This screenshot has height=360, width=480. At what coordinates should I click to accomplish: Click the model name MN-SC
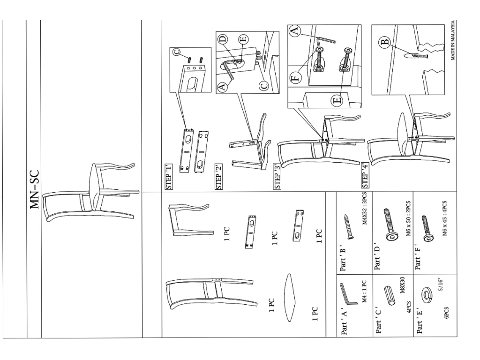click(34, 190)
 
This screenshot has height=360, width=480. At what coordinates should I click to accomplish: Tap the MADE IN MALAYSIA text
click(453, 40)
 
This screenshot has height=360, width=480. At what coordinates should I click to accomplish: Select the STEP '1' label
click(169, 177)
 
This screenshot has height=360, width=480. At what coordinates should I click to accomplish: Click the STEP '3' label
click(277, 177)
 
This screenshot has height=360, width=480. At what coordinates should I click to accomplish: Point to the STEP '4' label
click(365, 175)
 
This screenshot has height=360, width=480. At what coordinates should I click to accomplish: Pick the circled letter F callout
click(295, 77)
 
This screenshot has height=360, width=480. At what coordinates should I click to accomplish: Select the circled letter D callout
click(223, 39)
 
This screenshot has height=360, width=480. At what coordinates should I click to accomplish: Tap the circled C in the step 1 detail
click(177, 52)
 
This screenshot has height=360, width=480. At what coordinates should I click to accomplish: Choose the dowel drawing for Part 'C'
click(390, 296)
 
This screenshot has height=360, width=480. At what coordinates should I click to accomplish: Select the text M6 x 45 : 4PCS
click(444, 218)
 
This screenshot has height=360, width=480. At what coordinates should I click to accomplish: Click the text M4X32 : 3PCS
click(364, 209)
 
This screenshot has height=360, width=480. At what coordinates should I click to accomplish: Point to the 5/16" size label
click(441, 285)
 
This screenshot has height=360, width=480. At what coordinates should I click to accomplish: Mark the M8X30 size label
click(402, 285)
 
